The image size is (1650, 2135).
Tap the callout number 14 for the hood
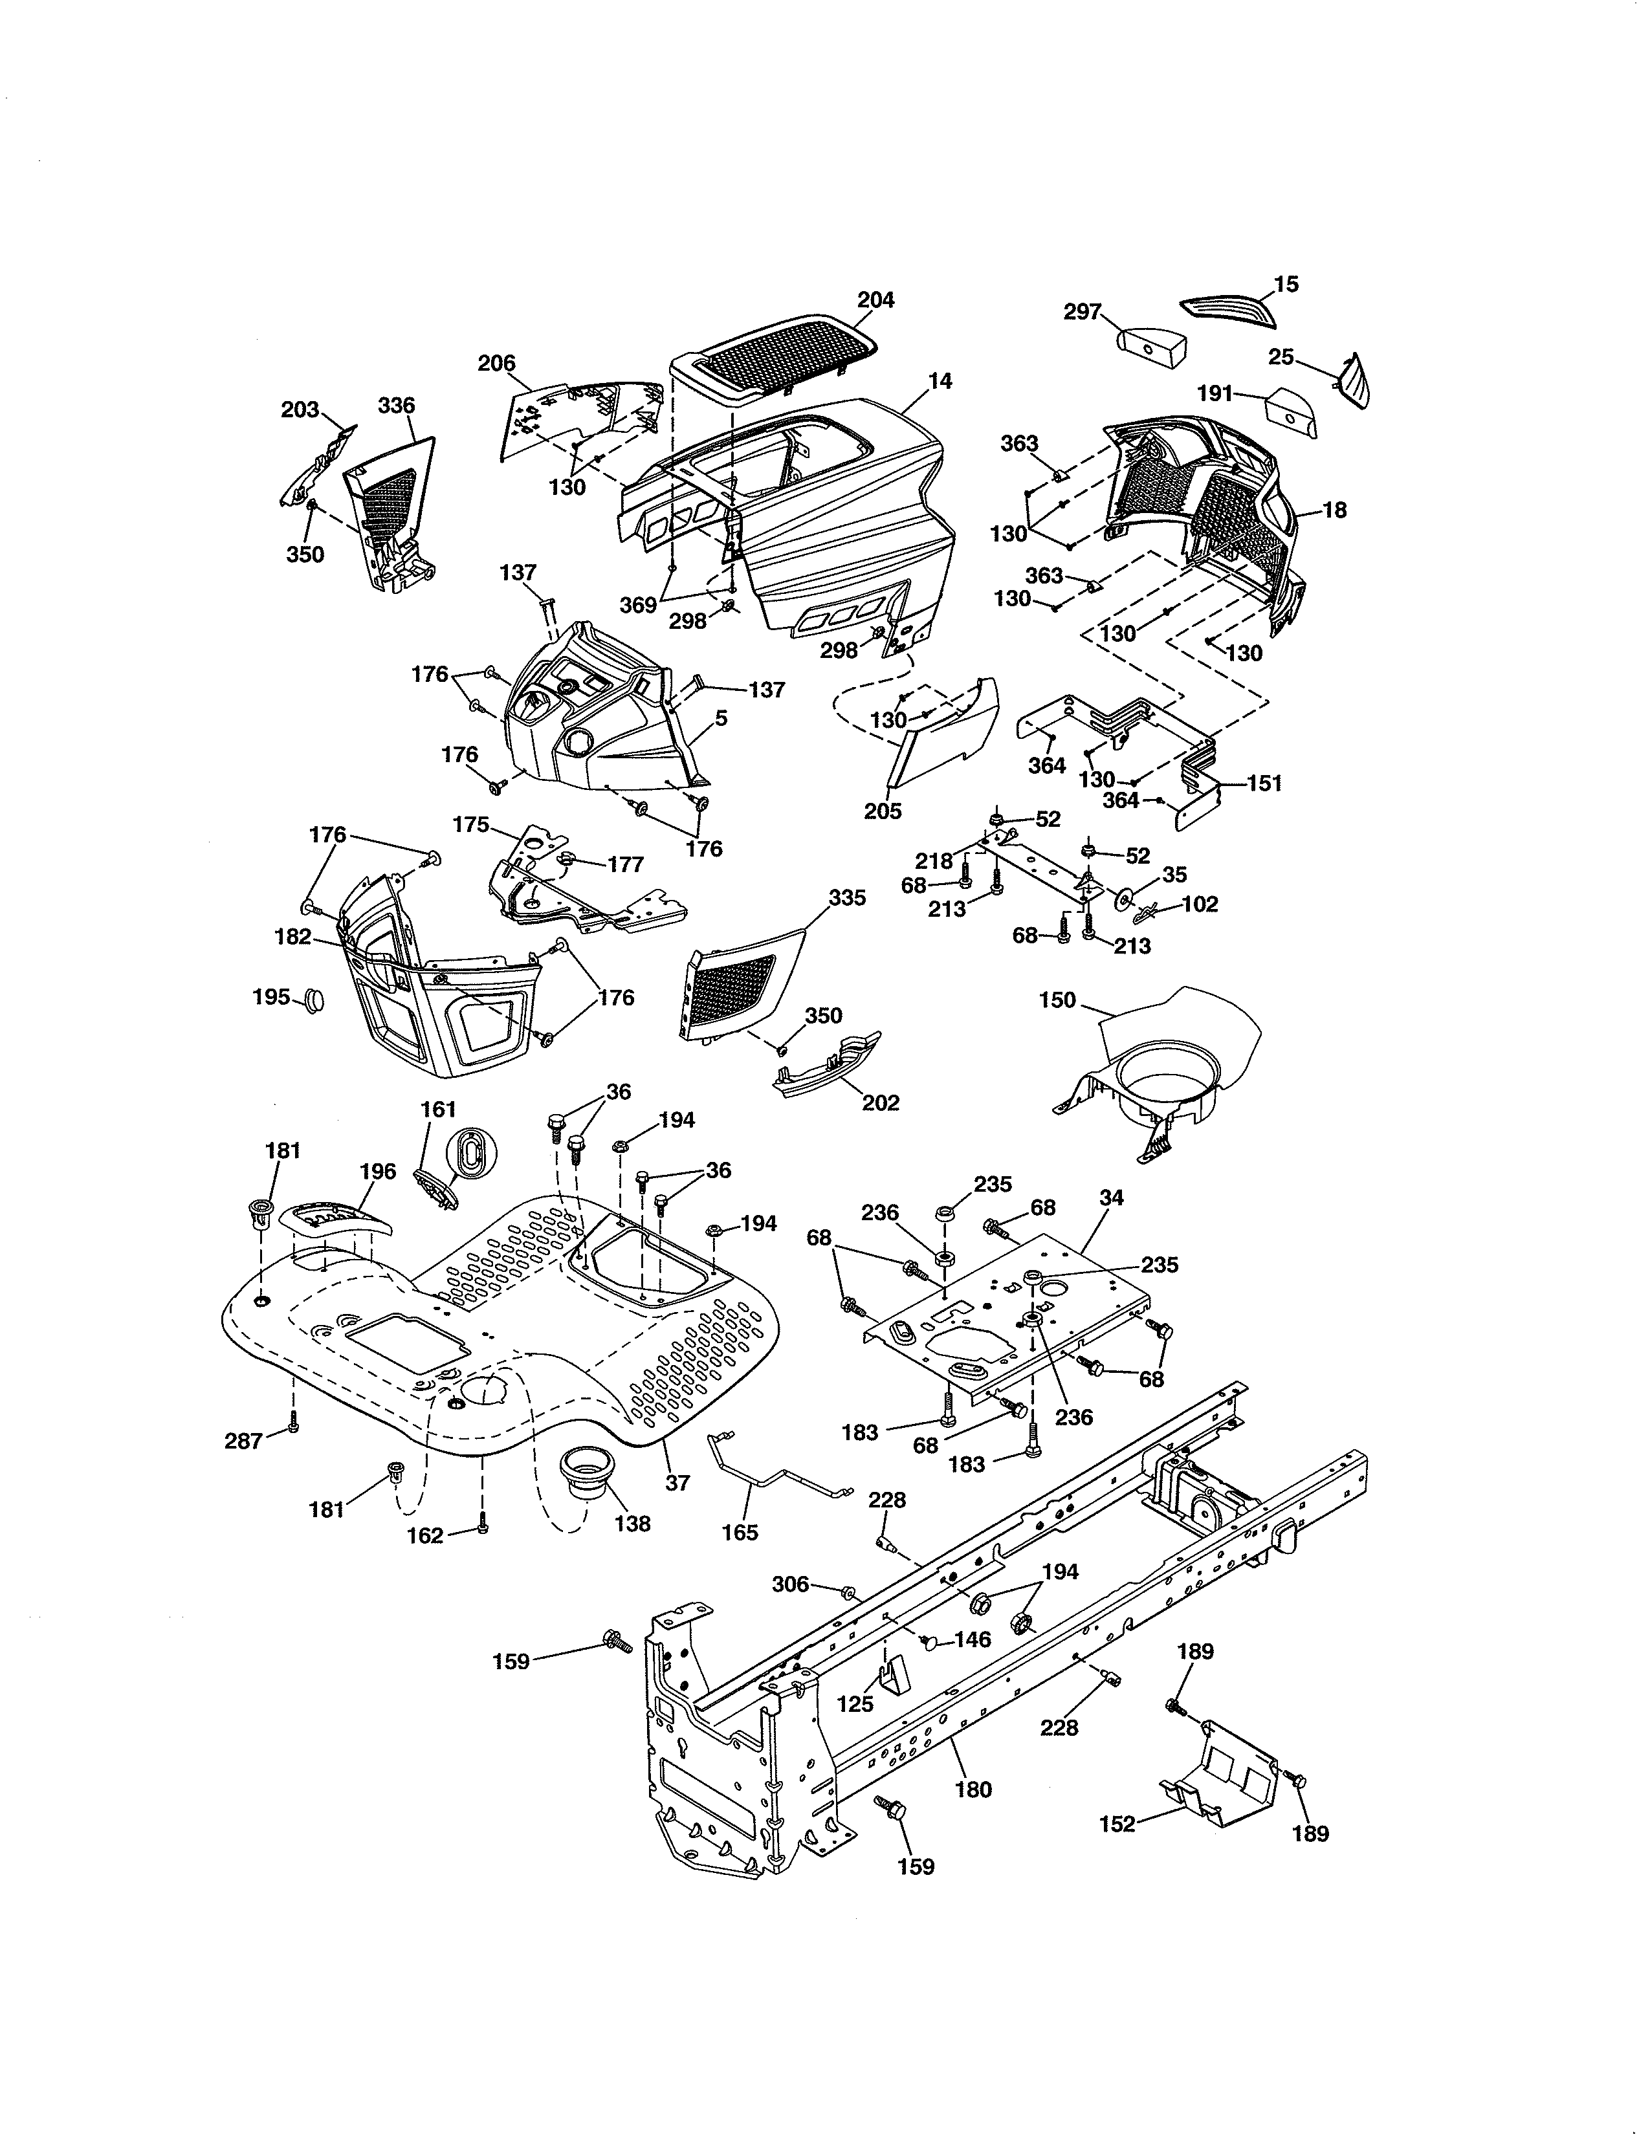[x=940, y=381]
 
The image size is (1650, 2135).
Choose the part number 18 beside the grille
[x=1334, y=510]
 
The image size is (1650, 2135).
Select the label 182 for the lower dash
[x=292, y=937]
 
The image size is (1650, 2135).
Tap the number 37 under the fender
[x=677, y=1483]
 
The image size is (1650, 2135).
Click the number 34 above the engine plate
[x=1112, y=1198]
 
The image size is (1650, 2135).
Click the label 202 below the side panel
[x=880, y=1102]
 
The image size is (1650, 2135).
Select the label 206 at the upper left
[x=496, y=364]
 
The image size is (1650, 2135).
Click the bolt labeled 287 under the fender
[x=292, y=1429]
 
